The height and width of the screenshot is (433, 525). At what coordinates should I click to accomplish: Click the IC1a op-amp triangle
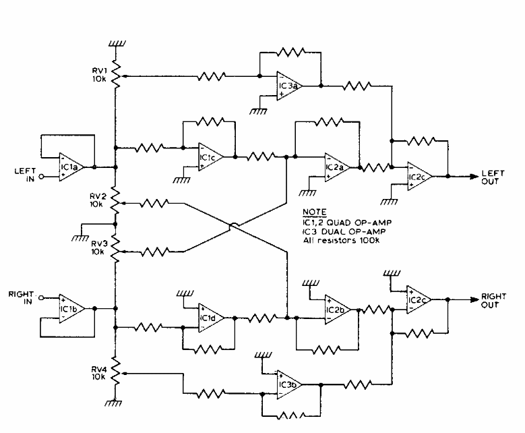pyautogui.click(x=71, y=167)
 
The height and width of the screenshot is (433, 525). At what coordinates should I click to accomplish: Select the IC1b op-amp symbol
pyautogui.click(x=71, y=309)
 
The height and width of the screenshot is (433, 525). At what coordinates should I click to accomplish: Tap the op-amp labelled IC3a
pyautogui.click(x=288, y=86)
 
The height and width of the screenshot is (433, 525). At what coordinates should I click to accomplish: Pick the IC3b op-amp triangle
pyautogui.click(x=288, y=384)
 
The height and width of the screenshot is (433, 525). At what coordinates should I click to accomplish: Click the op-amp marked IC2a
pyautogui.click(x=337, y=167)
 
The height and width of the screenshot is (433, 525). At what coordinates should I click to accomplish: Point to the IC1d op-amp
pyautogui.click(x=211, y=318)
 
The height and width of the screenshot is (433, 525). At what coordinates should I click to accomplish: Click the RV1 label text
pyautogui.click(x=100, y=75)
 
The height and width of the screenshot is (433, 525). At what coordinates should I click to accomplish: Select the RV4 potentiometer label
pyautogui.click(x=99, y=373)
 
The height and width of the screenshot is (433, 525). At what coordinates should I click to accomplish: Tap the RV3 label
pyautogui.click(x=99, y=248)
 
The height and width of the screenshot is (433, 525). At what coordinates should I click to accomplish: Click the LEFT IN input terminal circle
pyautogui.click(x=41, y=177)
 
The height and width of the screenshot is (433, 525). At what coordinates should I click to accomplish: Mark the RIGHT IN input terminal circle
pyautogui.click(x=41, y=297)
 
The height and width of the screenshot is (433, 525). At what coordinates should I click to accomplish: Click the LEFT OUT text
pyautogui.click(x=493, y=177)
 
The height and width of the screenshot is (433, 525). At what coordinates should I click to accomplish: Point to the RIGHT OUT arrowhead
pyautogui.click(x=474, y=299)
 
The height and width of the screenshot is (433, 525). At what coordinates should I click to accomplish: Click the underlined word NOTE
pyautogui.click(x=315, y=212)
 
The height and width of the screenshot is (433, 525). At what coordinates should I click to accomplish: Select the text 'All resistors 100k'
pyautogui.click(x=341, y=240)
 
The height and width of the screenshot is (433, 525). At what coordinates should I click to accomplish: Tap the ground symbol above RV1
pyautogui.click(x=117, y=44)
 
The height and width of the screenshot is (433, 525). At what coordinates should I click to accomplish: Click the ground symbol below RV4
pyautogui.click(x=113, y=403)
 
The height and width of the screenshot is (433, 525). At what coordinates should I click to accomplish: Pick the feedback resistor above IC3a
pyautogui.click(x=290, y=53)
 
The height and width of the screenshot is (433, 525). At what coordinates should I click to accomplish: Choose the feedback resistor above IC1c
pyautogui.click(x=210, y=121)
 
